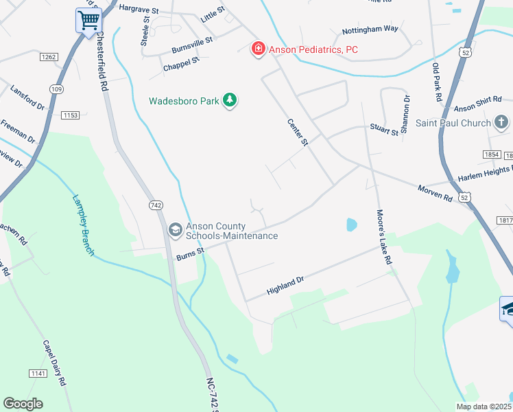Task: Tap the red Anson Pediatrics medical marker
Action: coord(258,49)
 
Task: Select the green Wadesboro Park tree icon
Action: coord(230,101)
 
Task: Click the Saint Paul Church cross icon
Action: coord(501,123)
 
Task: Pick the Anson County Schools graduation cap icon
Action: coord(175,229)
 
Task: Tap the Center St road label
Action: coord(298,132)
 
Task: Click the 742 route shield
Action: coord(156,205)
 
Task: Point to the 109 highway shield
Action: coord(56,89)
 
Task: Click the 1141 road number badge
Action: coord(38,373)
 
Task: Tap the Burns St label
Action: coord(191,255)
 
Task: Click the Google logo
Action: coord(23,403)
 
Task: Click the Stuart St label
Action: coord(384,129)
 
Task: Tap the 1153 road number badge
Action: coord(71,115)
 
